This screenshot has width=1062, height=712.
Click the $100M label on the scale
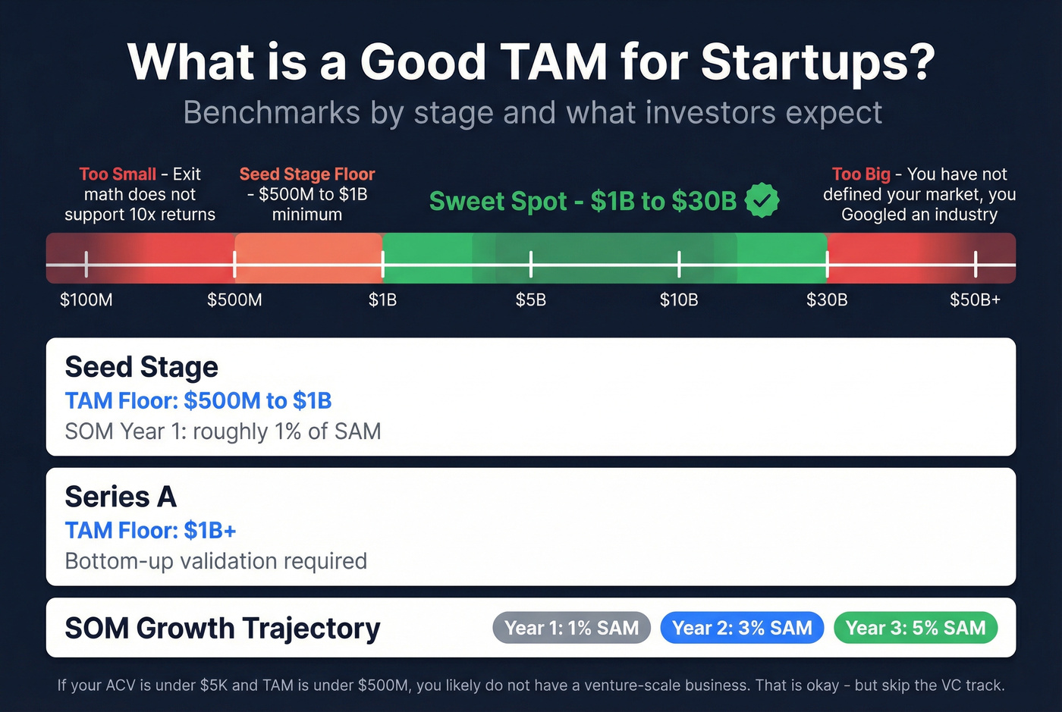pos(86,300)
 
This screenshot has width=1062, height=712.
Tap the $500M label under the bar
pos(234,300)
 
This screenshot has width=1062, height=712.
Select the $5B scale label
pos(531,300)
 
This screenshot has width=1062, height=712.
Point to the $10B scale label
pos(679,300)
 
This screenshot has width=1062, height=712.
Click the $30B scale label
pos(827,300)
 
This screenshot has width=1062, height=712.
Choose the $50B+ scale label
pos(975,300)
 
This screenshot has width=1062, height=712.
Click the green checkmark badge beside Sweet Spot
pos(762,201)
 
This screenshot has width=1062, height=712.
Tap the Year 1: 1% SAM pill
pos(571,628)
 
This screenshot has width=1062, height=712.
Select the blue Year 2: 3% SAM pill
pos(742,628)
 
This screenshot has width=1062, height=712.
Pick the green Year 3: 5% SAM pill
pos(916,628)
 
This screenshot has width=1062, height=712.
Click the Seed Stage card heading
pos(142,367)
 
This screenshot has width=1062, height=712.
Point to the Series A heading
pos(121,497)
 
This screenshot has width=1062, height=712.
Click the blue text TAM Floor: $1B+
pos(150,530)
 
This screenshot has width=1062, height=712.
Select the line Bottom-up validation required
pos(216,561)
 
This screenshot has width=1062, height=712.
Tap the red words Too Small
pos(118,174)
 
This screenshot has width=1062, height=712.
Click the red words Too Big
pos(861,174)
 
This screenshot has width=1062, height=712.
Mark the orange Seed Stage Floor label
pos(307,174)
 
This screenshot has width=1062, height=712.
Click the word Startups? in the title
pos(818,62)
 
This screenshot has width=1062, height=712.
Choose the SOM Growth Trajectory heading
pos(222,629)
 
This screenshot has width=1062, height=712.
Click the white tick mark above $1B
pos(383,264)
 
